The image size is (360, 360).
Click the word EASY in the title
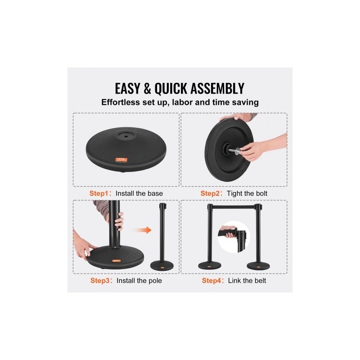[x=127, y=88]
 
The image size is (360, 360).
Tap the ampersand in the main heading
[x=147, y=89]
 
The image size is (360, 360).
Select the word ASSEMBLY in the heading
[x=217, y=88]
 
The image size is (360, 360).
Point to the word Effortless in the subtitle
[x=121, y=102]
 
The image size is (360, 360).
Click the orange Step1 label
[x=99, y=193]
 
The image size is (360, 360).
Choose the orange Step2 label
[x=210, y=193]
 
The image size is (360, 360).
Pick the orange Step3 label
[x=99, y=280]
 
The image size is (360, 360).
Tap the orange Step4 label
[x=211, y=280]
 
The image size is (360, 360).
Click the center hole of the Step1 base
[x=126, y=136]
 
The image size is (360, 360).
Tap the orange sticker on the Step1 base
[x=121, y=159]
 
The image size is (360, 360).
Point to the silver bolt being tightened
[x=234, y=150]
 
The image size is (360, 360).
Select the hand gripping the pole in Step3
[x=119, y=221]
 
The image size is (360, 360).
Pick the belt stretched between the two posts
[x=234, y=207]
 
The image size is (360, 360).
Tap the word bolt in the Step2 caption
[x=261, y=193]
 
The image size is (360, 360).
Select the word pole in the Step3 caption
[x=155, y=281]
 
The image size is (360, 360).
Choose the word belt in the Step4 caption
[x=260, y=280]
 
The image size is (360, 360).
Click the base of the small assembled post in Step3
[x=162, y=265]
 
